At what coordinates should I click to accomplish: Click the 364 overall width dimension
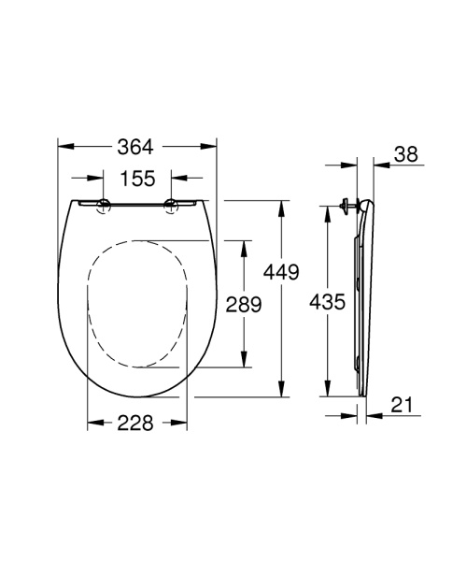(x=136, y=146)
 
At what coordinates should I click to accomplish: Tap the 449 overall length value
(x=280, y=272)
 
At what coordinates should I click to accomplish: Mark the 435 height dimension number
(x=327, y=302)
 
